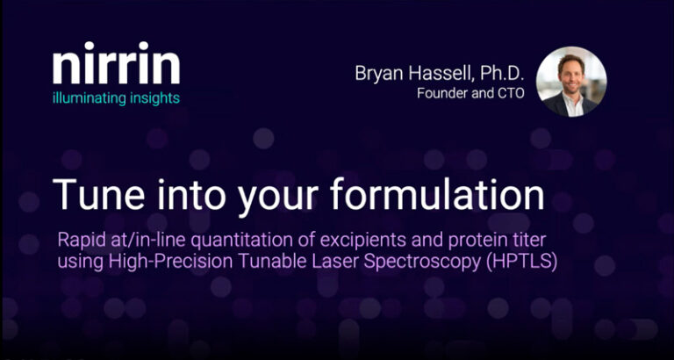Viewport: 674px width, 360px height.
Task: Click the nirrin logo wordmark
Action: (x=116, y=63)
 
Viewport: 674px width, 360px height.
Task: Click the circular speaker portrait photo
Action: (x=571, y=82)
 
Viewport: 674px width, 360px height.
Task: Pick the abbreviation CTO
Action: (x=510, y=94)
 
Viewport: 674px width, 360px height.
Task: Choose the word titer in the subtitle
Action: (x=529, y=241)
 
